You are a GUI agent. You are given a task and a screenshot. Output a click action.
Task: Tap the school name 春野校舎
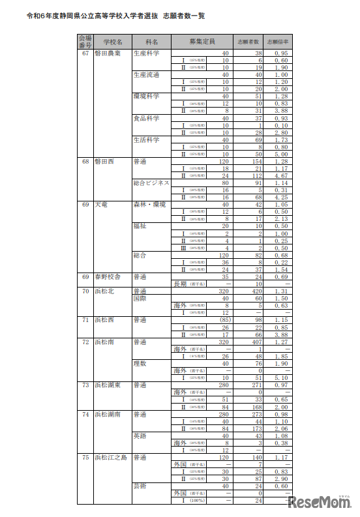108,276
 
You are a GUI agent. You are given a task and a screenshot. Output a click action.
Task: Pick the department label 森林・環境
149,205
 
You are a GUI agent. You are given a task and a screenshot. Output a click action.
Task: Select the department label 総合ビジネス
151,183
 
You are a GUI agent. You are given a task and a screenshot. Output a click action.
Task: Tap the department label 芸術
140,486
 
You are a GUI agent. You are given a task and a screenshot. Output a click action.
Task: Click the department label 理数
140,362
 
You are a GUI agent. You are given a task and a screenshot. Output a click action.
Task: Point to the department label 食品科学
146,118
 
